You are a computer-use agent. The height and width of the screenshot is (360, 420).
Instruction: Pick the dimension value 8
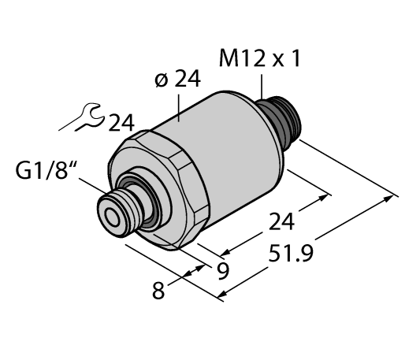pyautogui.click(x=162, y=291)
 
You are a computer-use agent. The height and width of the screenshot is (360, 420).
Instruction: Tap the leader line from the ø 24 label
pyautogui.click(x=180, y=105)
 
